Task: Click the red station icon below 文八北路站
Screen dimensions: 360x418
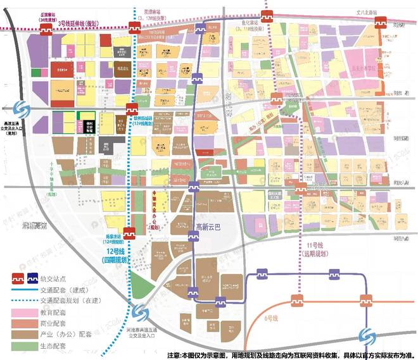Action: tap(381, 22)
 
